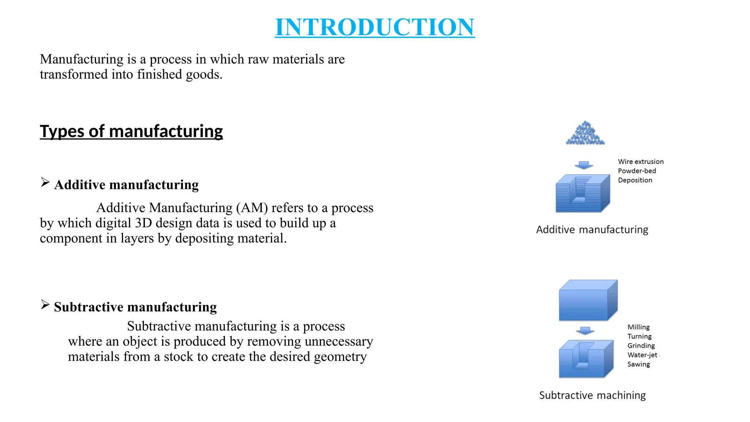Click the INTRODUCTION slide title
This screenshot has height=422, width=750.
(x=375, y=27)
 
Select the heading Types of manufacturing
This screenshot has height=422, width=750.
(x=131, y=131)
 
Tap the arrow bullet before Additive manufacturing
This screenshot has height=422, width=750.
(x=45, y=182)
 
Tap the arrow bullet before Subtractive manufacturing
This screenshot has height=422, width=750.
(x=45, y=304)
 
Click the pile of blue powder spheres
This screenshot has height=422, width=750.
(x=585, y=134)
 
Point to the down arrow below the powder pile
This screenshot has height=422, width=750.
(x=584, y=165)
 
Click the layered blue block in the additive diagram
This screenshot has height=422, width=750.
(x=582, y=193)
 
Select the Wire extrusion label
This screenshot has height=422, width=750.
(x=641, y=162)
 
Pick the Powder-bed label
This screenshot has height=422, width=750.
(x=637, y=171)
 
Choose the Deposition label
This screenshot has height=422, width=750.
(x=635, y=180)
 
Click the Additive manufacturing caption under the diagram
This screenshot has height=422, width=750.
(x=592, y=230)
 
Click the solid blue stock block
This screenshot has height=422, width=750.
(x=588, y=301)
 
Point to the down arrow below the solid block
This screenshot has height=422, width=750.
(x=585, y=331)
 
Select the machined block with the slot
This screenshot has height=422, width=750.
(x=586, y=359)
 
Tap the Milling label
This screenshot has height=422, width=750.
(x=638, y=327)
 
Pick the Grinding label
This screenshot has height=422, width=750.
(x=641, y=346)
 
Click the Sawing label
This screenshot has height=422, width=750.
(x=639, y=364)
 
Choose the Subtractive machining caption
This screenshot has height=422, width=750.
(x=592, y=396)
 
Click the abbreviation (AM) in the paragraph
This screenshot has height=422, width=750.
(x=252, y=208)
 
